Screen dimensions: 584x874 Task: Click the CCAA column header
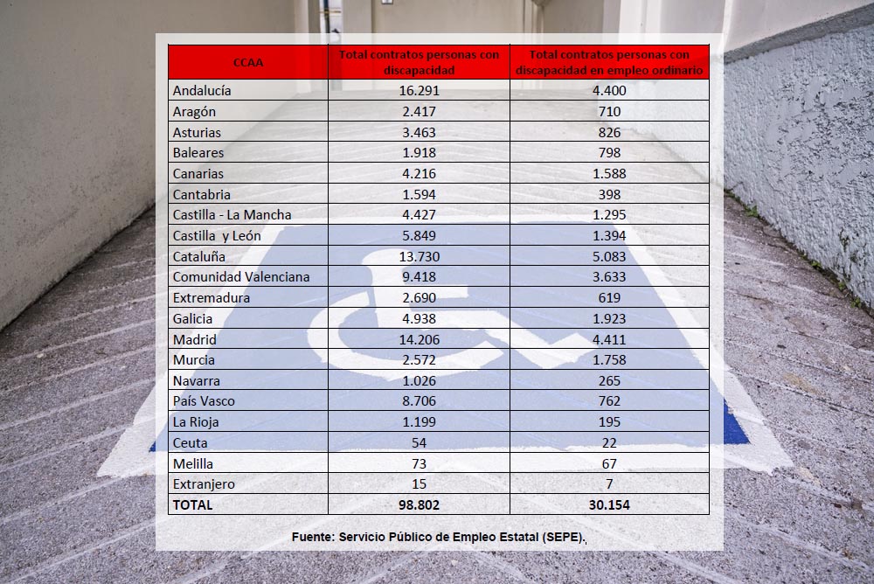(x=248, y=62)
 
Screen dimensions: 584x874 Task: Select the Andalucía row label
(x=202, y=90)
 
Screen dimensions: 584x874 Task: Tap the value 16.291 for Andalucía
(x=419, y=90)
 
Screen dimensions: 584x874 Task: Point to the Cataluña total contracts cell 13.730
(x=419, y=256)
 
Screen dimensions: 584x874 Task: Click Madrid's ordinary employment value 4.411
(x=609, y=339)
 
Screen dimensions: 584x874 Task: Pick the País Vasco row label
(x=204, y=401)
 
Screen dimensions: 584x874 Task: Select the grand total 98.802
(x=419, y=504)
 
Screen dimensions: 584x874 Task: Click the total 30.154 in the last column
(x=609, y=504)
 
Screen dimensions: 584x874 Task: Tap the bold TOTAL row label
(x=193, y=504)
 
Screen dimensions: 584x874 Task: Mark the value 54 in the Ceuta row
(x=419, y=442)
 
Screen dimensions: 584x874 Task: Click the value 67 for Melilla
(x=609, y=463)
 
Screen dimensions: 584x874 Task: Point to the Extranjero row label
(x=204, y=483)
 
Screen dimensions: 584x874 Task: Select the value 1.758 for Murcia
(x=609, y=359)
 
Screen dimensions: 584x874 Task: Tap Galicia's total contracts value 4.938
(x=419, y=318)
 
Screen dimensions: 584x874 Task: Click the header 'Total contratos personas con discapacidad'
(x=419, y=62)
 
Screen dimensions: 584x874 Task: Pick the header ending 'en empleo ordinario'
(x=609, y=62)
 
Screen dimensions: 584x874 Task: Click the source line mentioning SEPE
(x=439, y=537)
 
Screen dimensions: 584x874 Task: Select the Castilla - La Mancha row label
(x=232, y=214)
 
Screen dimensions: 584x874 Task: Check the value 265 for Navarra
(x=609, y=380)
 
